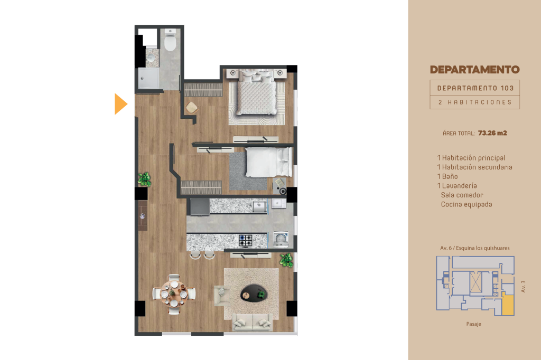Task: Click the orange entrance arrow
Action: tap(121, 104)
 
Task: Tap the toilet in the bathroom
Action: tap(170, 40)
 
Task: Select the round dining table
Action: tap(174, 294)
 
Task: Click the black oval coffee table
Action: tap(254, 293)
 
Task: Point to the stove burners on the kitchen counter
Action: tap(245, 240)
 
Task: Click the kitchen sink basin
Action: tap(259, 206)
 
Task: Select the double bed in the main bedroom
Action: tap(257, 92)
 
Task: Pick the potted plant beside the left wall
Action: tap(144, 179)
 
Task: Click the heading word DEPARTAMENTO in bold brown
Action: tap(475, 70)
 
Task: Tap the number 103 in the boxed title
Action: tap(507, 88)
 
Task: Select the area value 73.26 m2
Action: tap(492, 133)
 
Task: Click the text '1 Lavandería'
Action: tap(457, 186)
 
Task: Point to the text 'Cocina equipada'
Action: tap(467, 204)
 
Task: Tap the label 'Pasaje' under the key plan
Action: tap(474, 324)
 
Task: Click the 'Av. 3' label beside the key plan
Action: tap(524, 287)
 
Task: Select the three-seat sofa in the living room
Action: tap(252, 323)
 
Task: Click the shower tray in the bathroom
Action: tap(148, 79)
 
